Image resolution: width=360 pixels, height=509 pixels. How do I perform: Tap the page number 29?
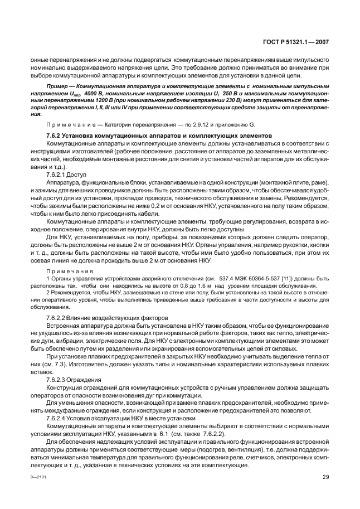point(325,477)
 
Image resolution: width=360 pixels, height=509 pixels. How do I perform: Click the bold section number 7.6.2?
point(55,135)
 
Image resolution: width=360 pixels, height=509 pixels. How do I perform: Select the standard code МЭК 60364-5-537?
point(234,277)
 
